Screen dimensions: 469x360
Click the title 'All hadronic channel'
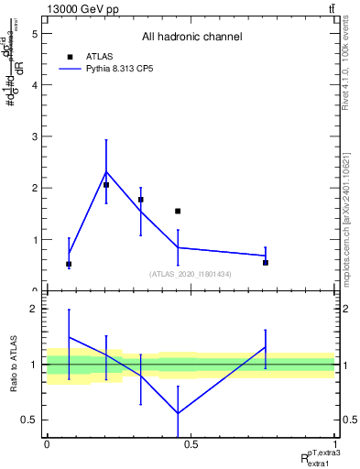(x=191, y=37)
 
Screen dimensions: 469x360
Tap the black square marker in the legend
(x=70, y=56)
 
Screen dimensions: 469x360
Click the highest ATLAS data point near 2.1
(x=106, y=185)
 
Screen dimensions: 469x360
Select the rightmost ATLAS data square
(x=266, y=263)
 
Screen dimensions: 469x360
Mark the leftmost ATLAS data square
(x=69, y=264)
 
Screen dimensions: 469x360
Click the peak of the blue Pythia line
(x=106, y=171)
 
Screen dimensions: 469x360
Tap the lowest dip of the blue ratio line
(x=178, y=413)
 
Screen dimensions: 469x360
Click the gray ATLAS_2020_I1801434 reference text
(x=191, y=274)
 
